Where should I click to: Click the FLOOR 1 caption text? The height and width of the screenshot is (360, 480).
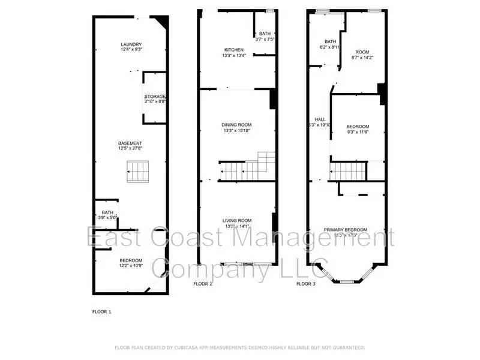tap(101, 312)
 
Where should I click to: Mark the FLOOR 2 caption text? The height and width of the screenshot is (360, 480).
tap(203, 284)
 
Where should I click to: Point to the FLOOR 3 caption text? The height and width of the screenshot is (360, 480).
tap(306, 284)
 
